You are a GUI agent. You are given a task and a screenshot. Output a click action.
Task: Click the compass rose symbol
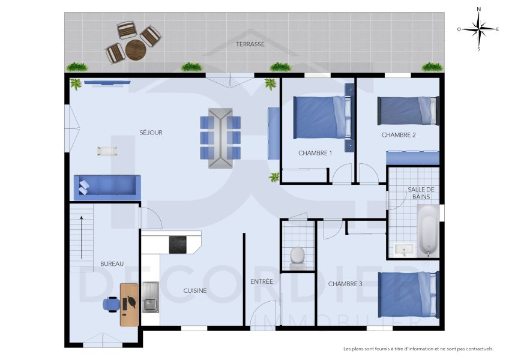coord(478,28)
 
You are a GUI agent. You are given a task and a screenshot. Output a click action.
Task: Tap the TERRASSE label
coord(250,44)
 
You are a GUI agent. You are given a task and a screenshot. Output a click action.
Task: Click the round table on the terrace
coord(135,50)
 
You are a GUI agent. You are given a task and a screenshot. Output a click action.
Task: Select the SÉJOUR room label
coord(151,133)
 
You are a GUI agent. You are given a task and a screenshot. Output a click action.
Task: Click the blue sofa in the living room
coord(107,187)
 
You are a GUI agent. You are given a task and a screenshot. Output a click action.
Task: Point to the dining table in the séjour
coord(220,138)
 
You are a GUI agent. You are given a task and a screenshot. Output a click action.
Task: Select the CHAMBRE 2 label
coord(399,135)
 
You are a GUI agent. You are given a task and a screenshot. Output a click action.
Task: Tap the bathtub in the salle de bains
coord(427,230)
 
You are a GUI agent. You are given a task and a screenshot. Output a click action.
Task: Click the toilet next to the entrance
coord(298,256)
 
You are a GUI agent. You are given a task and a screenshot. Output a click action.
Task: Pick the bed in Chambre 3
coord(406,294)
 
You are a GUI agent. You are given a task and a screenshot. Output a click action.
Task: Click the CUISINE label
coord(195,290)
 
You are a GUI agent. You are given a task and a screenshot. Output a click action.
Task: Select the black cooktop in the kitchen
coord(178,244)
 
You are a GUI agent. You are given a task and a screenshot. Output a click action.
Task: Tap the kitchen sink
coord(151,297)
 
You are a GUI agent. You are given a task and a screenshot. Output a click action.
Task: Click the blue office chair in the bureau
coord(111,304)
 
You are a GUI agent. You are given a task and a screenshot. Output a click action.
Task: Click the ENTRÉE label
coord(262,281)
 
